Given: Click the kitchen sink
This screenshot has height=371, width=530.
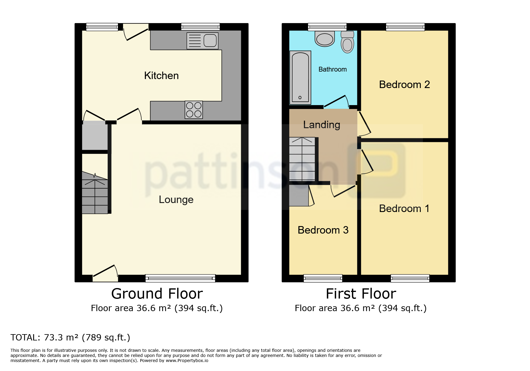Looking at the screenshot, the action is pyautogui.click(x=202, y=40).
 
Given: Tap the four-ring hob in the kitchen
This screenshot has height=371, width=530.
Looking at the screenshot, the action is pyautogui.click(x=194, y=110).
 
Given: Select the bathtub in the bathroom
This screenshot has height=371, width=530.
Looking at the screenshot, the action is pyautogui.click(x=300, y=78).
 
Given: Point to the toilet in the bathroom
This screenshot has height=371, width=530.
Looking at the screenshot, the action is pyautogui.click(x=347, y=42).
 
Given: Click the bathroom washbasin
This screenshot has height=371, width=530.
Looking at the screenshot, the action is pyautogui.click(x=325, y=39).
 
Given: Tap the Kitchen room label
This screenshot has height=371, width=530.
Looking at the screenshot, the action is pyautogui.click(x=161, y=75).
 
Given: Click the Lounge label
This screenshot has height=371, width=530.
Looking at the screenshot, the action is pyautogui.click(x=176, y=200).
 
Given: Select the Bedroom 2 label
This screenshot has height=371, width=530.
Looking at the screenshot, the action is pyautogui.click(x=404, y=84).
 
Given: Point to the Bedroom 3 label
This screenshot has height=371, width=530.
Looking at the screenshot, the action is pyautogui.click(x=323, y=230).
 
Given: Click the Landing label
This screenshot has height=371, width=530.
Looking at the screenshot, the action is pyautogui.click(x=322, y=125).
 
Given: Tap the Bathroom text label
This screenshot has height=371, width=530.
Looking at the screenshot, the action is pyautogui.click(x=332, y=69).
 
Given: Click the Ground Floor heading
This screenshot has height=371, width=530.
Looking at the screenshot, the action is pyautogui.click(x=157, y=293).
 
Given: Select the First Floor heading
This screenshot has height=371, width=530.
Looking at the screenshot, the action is pyautogui.click(x=361, y=293).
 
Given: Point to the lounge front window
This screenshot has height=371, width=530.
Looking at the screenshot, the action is pyautogui.click(x=180, y=278).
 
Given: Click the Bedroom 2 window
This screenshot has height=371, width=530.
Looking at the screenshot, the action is pyautogui.click(x=405, y=27).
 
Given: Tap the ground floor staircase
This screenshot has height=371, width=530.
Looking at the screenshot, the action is pyautogui.click(x=95, y=193).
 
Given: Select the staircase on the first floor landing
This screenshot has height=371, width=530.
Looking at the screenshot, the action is pyautogui.click(x=302, y=159).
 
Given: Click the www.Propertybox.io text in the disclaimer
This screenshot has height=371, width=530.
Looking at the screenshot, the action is pyautogui.click(x=187, y=361).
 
